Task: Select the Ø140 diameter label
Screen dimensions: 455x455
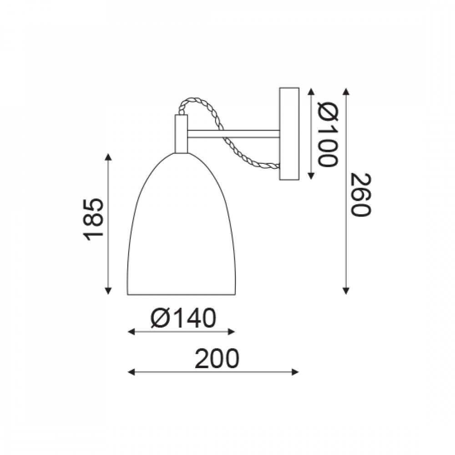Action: point(183,318)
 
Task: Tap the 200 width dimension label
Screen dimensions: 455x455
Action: point(217,359)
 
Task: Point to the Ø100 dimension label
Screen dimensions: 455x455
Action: point(328,134)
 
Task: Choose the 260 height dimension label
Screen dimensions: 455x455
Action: point(361,194)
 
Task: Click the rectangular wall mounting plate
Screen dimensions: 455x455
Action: point(289,134)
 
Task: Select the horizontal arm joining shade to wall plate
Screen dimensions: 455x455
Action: point(233,134)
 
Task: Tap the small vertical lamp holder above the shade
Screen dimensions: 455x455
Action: point(181,134)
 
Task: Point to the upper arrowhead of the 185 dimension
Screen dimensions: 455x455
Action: point(108,157)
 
